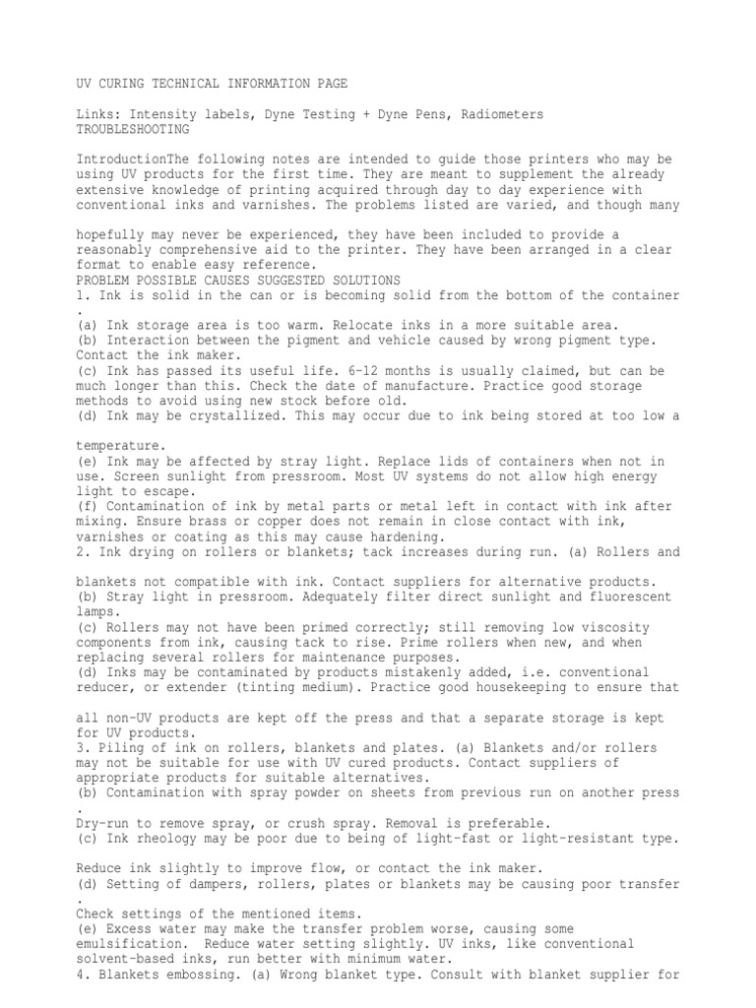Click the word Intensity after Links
160,115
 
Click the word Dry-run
103,822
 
